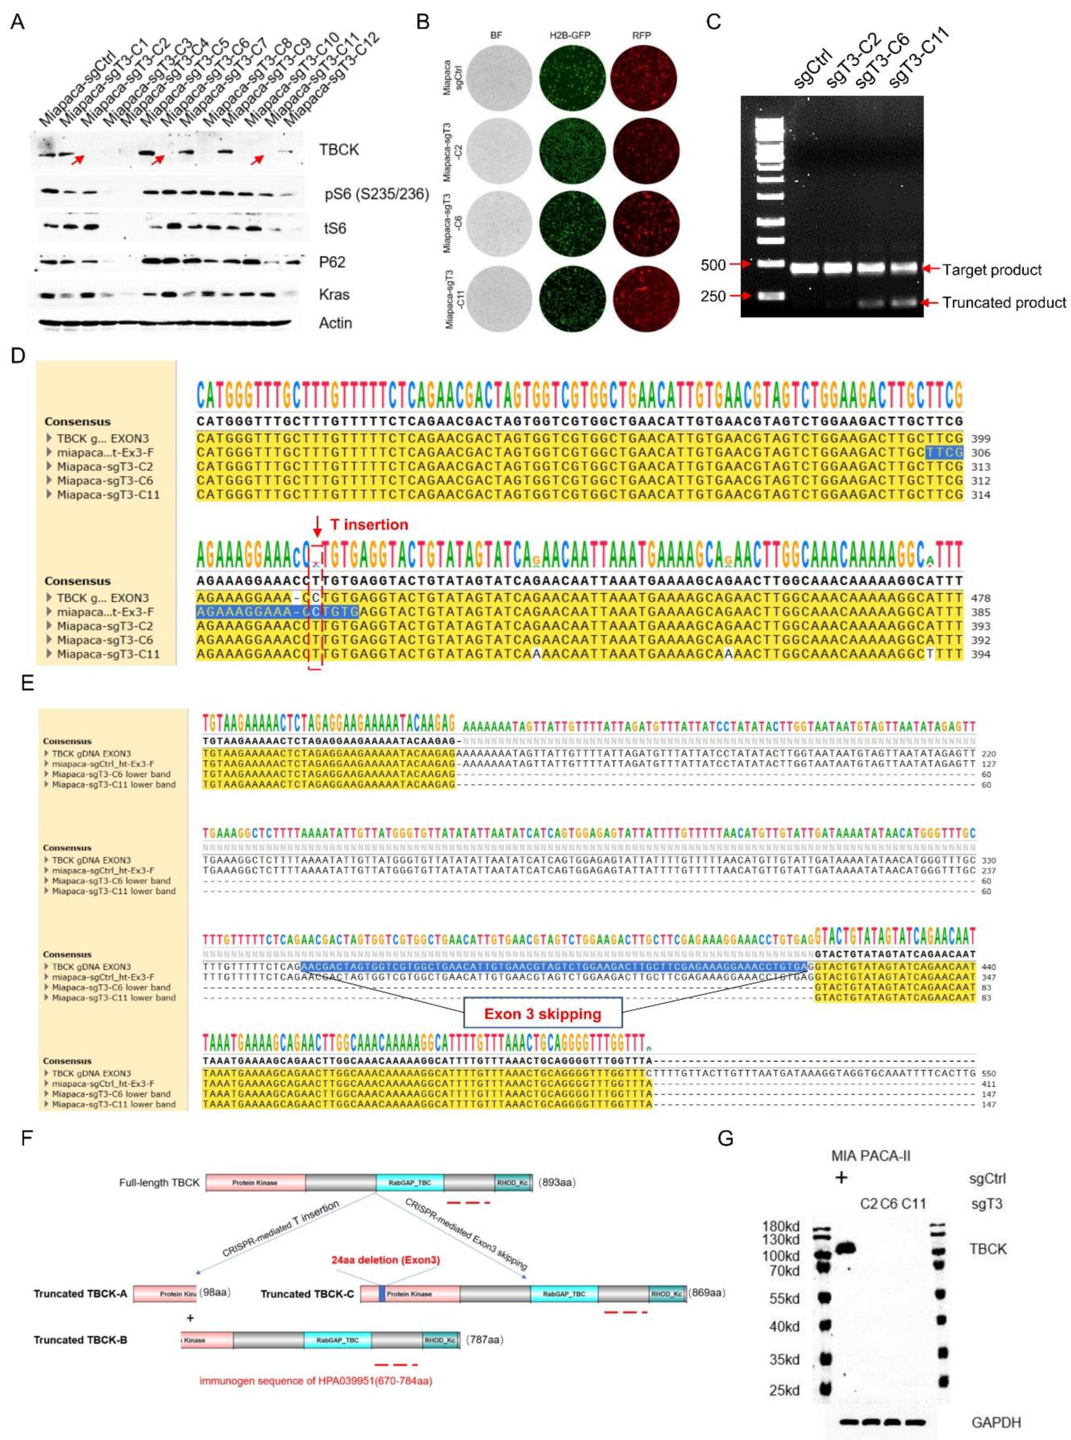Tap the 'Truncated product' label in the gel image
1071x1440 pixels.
coord(1004,302)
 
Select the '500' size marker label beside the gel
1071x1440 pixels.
coord(714,265)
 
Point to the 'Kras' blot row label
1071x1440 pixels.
coord(334,294)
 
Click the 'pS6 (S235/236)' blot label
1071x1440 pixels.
coord(377,194)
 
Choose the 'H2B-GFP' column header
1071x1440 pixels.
coord(571,35)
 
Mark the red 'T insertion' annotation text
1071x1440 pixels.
coord(369,524)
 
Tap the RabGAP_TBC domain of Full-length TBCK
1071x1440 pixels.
coord(410,1182)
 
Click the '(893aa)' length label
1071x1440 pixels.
coord(556,1182)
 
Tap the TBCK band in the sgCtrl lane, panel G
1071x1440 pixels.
coord(846,1248)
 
